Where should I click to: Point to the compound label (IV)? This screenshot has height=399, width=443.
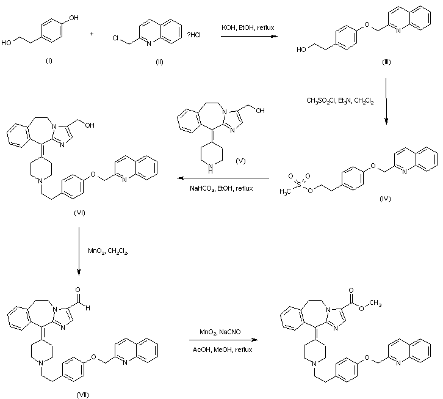tap(384, 199)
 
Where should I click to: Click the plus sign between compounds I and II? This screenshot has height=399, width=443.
tap(92, 34)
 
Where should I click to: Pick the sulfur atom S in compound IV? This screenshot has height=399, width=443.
tap(299, 181)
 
